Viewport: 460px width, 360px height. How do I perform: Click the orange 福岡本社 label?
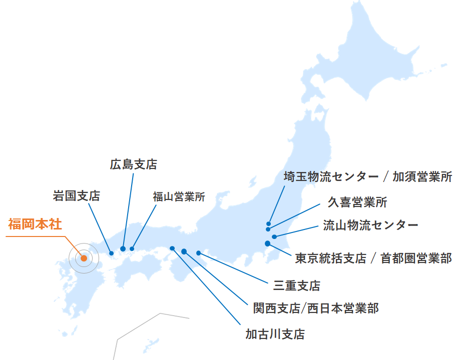35,224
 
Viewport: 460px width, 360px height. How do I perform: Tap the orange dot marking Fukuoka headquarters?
84,258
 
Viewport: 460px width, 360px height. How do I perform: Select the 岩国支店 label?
77,195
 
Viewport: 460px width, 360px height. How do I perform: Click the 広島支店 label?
133,164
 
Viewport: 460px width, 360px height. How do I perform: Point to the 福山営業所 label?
179,196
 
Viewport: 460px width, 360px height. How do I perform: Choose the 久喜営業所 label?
357,202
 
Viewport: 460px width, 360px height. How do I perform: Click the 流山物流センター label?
370,224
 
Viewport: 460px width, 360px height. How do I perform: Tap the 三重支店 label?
297,285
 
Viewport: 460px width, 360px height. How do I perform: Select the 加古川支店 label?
275,334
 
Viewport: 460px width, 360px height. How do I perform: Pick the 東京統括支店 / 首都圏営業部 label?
373,258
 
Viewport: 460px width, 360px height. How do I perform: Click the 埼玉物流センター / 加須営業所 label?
368,176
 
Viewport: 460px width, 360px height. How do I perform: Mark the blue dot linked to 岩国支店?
111,253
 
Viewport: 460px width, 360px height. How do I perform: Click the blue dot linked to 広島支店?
123,248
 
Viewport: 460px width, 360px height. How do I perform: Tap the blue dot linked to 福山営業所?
132,248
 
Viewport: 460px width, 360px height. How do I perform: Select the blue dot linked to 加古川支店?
172,248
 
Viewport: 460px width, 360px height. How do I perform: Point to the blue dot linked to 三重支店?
199,253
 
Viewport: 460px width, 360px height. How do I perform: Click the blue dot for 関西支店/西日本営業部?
184,251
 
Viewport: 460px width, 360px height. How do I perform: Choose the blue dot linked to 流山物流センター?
274,236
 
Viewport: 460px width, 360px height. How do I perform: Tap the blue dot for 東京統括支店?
268,243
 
